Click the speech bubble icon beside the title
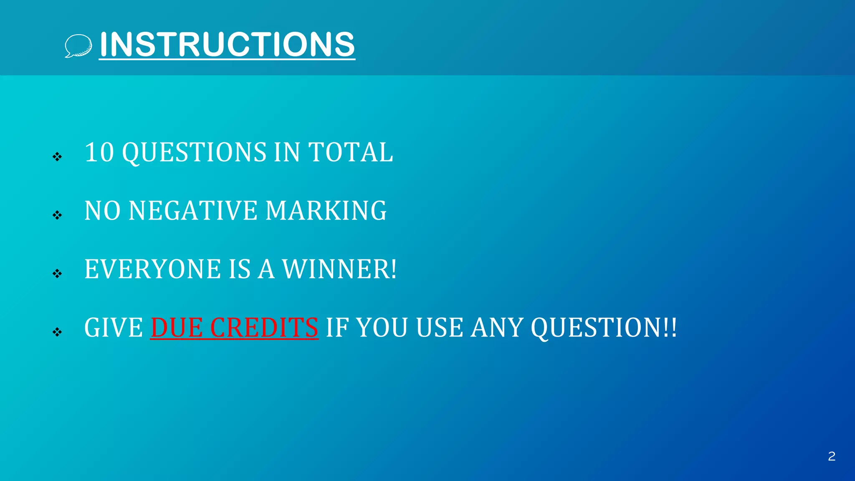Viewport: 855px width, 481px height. (78, 46)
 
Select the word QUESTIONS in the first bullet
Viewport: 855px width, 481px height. (194, 153)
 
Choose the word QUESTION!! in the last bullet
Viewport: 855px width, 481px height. (604, 328)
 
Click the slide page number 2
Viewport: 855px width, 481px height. (832, 456)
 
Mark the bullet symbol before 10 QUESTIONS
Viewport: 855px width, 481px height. (57, 157)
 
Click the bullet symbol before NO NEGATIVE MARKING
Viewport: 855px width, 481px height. (57, 215)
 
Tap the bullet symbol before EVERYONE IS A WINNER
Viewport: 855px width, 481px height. (57, 273)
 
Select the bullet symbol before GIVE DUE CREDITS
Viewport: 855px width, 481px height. (57, 332)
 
